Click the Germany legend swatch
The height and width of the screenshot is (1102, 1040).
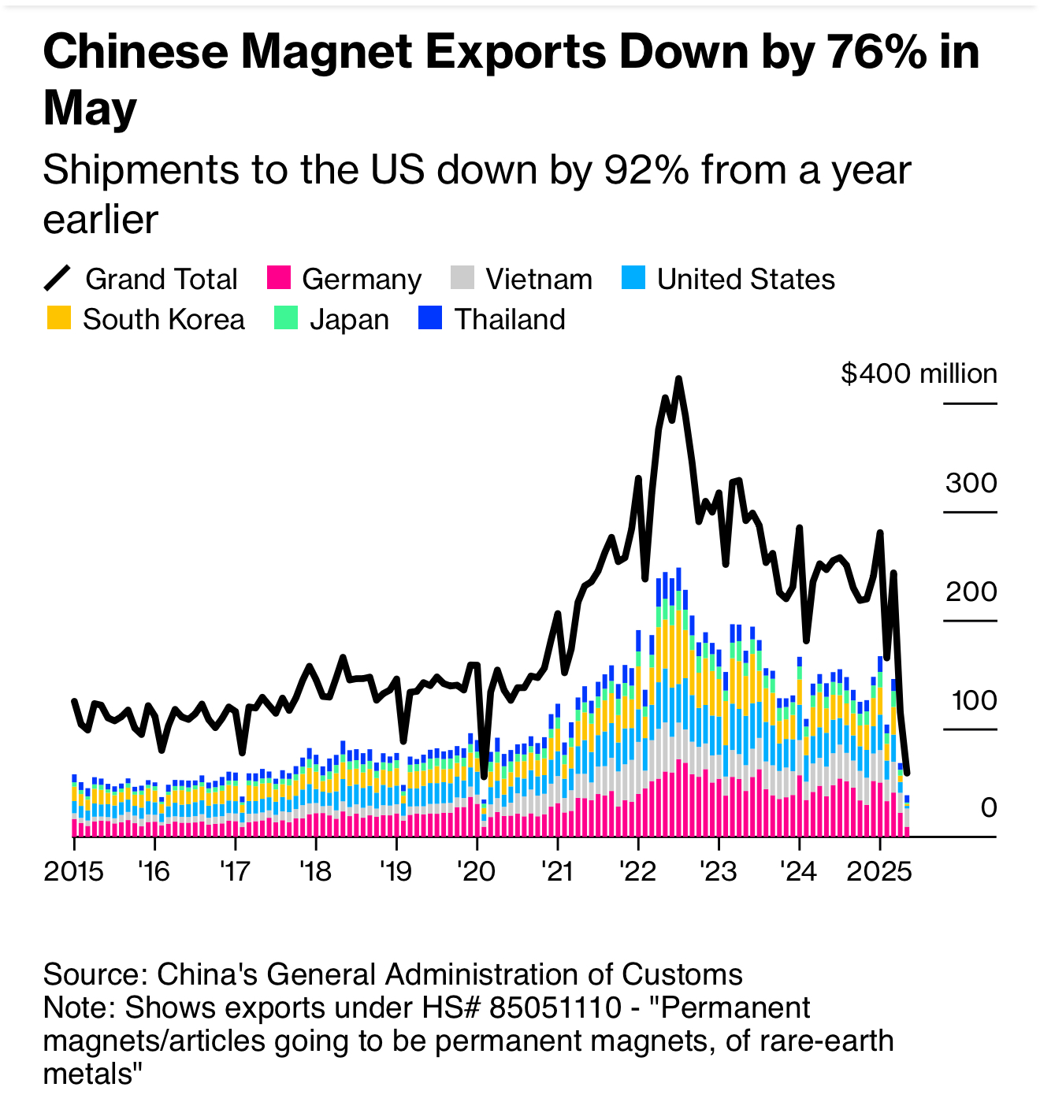click(280, 278)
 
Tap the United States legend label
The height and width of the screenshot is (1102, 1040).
click(745, 280)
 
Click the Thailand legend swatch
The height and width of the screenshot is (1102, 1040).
click(430, 318)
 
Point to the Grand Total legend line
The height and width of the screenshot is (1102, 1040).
click(58, 279)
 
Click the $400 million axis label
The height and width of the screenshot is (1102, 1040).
click(919, 373)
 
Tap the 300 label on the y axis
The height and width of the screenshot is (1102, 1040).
click(971, 483)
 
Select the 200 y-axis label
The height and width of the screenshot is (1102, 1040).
click(971, 592)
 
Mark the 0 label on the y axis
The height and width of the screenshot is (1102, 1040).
click(988, 808)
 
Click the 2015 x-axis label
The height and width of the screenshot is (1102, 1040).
click(74, 872)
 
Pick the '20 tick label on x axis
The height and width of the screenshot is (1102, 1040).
click(476, 872)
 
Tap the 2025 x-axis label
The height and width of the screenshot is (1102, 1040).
click(878, 872)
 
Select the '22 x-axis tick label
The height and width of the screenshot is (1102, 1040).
click(637, 872)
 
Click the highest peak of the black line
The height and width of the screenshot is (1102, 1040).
click(678, 379)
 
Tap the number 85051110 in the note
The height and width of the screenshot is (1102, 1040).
click(555, 1008)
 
